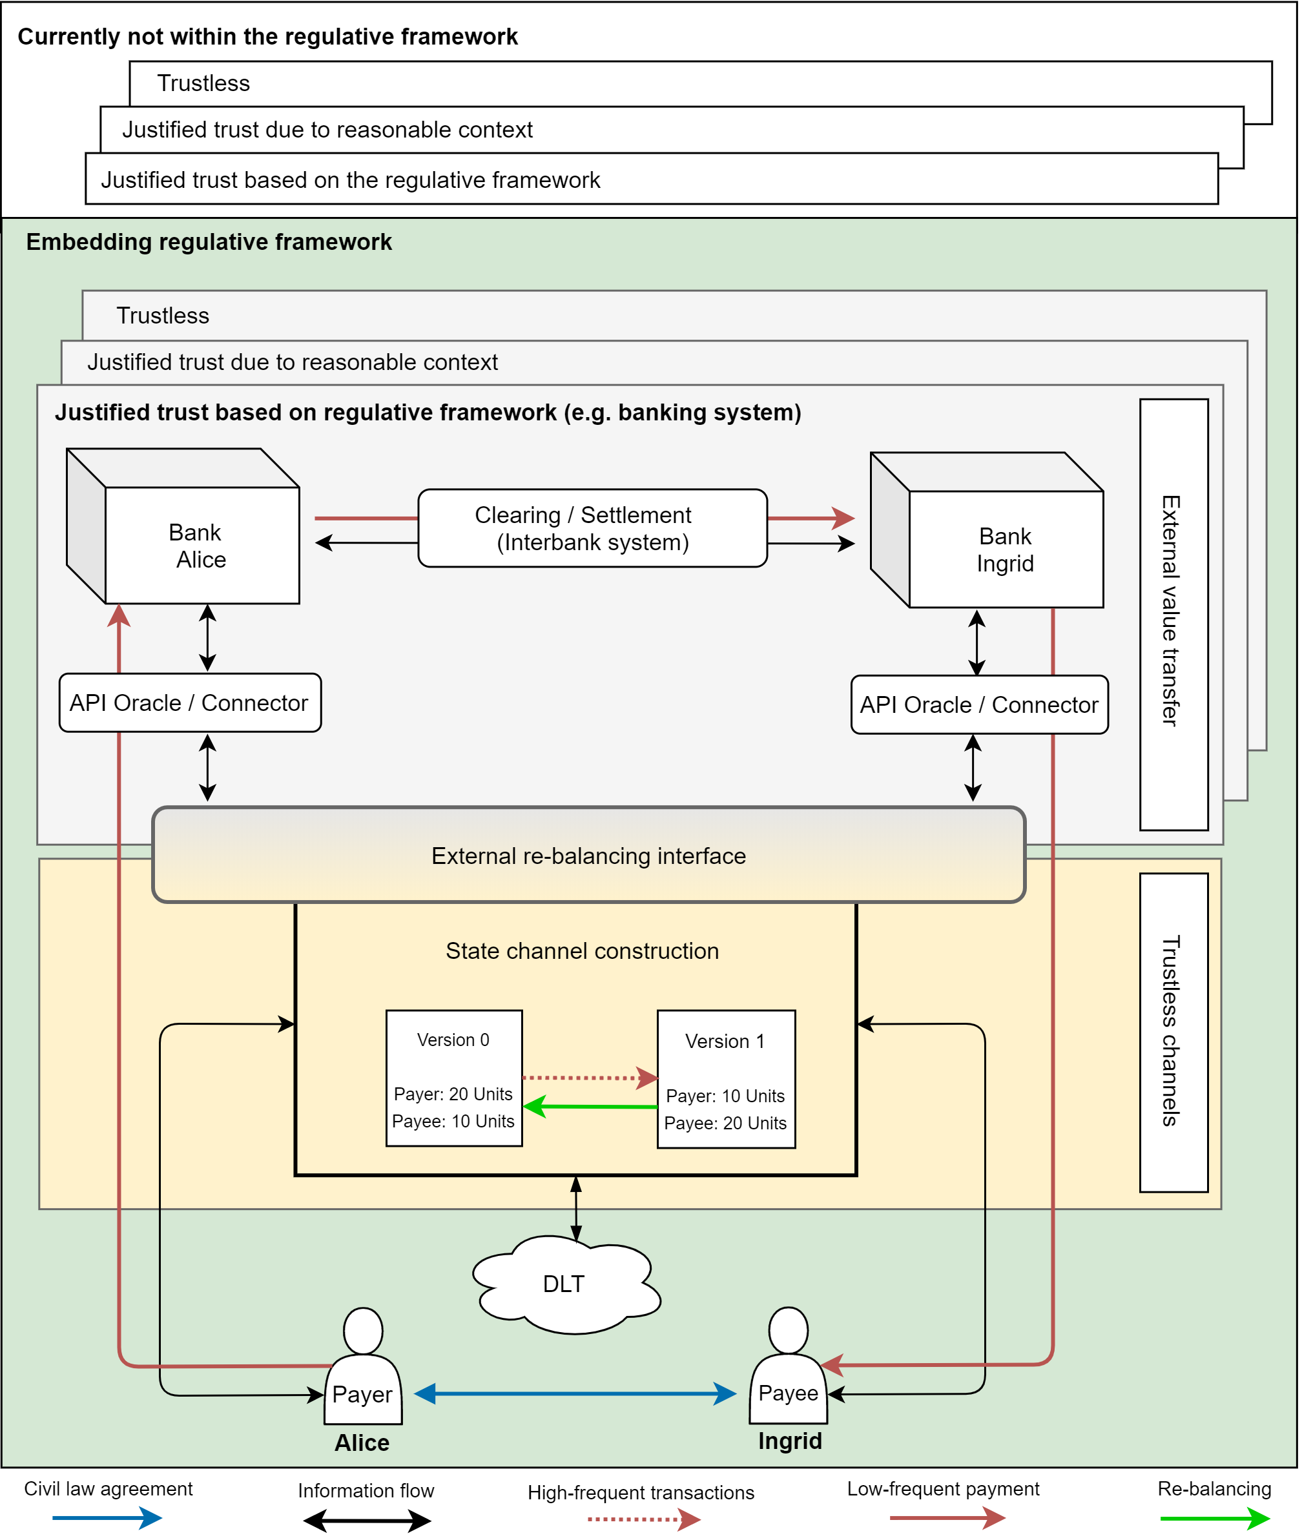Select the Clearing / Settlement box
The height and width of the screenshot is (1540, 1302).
(x=592, y=528)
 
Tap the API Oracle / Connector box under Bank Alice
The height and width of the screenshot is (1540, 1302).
(x=190, y=703)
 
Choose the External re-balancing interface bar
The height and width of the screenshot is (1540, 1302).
(x=588, y=855)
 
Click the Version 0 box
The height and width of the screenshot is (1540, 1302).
(x=454, y=1078)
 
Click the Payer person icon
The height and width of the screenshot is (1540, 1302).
(x=362, y=1369)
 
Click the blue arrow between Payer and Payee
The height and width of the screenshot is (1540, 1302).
(x=575, y=1394)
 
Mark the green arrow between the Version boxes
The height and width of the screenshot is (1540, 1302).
(x=590, y=1107)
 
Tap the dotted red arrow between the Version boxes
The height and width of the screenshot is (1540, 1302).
(x=589, y=1078)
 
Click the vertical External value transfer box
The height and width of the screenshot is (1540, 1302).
(x=1173, y=614)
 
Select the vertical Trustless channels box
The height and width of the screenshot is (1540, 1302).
(x=1173, y=1032)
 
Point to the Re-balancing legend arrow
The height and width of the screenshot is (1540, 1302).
(x=1214, y=1519)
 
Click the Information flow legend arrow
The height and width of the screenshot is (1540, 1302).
(x=367, y=1521)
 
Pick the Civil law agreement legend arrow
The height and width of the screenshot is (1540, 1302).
(x=107, y=1518)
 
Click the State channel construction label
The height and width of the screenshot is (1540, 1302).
(x=582, y=951)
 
